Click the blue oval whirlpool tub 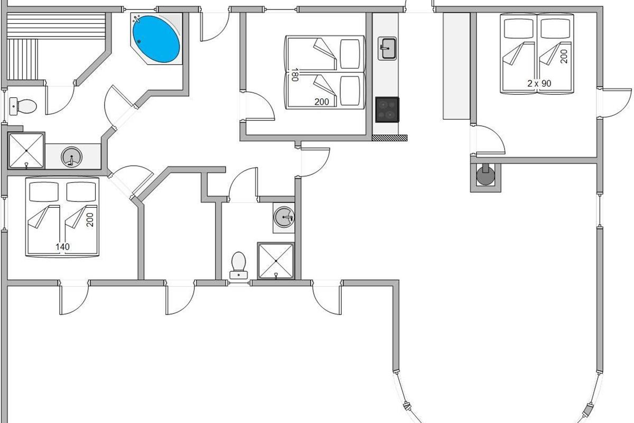point(156,39)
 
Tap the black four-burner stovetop point(387,109)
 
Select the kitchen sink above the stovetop point(387,49)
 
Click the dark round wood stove point(486,176)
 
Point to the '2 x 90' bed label point(539,84)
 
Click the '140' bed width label point(62,247)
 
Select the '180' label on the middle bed point(295,75)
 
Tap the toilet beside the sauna point(23,106)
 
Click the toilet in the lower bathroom point(239,265)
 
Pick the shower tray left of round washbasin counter point(26,151)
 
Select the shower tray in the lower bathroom point(276,261)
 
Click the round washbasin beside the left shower point(72,157)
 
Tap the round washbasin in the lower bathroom point(284,217)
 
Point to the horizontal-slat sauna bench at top point(56,25)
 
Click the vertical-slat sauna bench point(22,60)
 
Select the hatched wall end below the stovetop point(389,138)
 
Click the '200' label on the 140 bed point(90,220)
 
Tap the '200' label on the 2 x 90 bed point(564,57)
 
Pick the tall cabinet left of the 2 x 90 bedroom point(456,66)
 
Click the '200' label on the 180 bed point(322,102)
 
